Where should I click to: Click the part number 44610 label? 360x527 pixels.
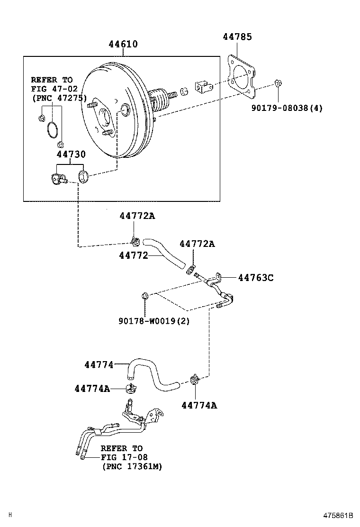click(123, 45)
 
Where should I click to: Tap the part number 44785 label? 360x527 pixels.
click(237, 37)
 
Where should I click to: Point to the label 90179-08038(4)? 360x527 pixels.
click(287, 108)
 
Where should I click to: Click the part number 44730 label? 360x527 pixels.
click(71, 154)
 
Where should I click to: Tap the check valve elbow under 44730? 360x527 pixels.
click(59, 179)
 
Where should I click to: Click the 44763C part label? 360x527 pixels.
click(255, 278)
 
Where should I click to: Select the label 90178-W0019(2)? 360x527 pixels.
click(154, 321)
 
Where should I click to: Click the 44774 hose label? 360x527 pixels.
click(99, 364)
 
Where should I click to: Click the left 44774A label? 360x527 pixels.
click(92, 389)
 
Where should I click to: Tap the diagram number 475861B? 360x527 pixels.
click(338, 516)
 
